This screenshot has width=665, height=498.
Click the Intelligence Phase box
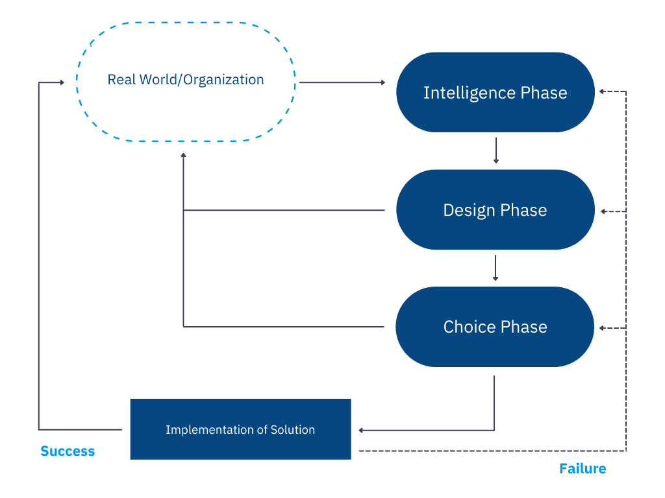[x=496, y=92]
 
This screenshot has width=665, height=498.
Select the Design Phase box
[x=496, y=209]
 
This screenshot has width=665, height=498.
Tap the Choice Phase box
[x=495, y=327]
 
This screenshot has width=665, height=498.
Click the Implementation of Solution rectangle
[x=240, y=429]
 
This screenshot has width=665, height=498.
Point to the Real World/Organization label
[x=186, y=80]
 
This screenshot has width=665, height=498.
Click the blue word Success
[x=68, y=451]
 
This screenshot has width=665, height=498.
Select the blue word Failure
[x=583, y=468]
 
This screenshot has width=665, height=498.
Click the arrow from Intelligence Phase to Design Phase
[x=496, y=150]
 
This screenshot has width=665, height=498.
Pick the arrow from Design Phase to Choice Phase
[x=496, y=268]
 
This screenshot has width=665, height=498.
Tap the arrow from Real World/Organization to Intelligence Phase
[x=342, y=82]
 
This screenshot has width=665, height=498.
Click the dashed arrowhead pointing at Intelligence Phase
[x=602, y=91]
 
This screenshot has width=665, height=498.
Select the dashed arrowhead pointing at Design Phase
[x=603, y=211]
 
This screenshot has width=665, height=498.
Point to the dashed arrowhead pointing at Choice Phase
[x=602, y=328]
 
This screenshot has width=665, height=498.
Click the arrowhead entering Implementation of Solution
[x=361, y=431]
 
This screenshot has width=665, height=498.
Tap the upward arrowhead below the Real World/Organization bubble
[x=183, y=156]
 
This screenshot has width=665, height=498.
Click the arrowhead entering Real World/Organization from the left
[x=62, y=82]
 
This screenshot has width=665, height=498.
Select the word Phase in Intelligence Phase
[x=544, y=93]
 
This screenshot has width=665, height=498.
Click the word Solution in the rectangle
[x=293, y=429]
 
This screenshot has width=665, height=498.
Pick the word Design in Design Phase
[x=469, y=211]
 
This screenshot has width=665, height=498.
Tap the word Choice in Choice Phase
[x=470, y=327]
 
